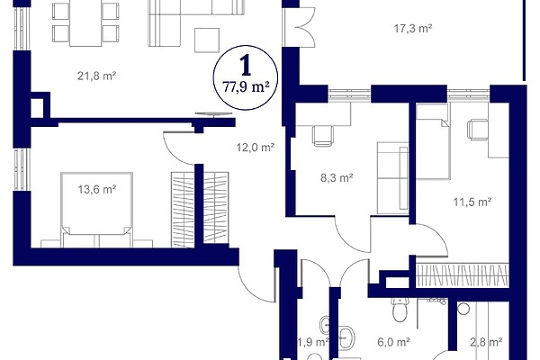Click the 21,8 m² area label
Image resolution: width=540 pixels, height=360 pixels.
coord(96,76)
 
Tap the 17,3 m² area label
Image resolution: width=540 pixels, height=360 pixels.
coord(413,28)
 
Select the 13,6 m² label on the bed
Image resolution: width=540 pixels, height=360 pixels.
coord(97,189)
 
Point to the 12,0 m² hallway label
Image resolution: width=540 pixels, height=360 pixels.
coord(256,148)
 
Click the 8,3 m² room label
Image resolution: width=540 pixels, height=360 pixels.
coord(337,178)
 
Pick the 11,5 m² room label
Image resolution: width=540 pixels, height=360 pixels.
coord(472,202)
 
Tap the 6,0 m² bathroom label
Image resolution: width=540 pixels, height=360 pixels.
coord(393,342)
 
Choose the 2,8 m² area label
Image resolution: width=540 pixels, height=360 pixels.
coord(486,342)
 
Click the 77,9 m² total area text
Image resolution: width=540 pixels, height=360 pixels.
coord(246,87)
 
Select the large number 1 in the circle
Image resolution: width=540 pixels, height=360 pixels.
coord(246,66)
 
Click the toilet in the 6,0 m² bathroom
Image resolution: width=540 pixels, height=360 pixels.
coord(400,310)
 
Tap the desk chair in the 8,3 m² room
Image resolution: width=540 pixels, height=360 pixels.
coord(323,136)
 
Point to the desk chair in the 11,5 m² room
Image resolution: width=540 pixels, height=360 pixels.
coord(478,130)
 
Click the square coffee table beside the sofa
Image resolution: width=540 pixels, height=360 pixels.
coord(207,40)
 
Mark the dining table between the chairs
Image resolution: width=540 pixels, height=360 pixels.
coord(85,23)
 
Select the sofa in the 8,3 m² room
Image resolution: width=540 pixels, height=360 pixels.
coord(392,178)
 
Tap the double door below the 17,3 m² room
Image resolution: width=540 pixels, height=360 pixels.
coord(298,27)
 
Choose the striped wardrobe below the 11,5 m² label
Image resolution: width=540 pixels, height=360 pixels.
coord(463,275)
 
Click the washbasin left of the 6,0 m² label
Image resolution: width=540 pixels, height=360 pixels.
coord(346,337)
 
